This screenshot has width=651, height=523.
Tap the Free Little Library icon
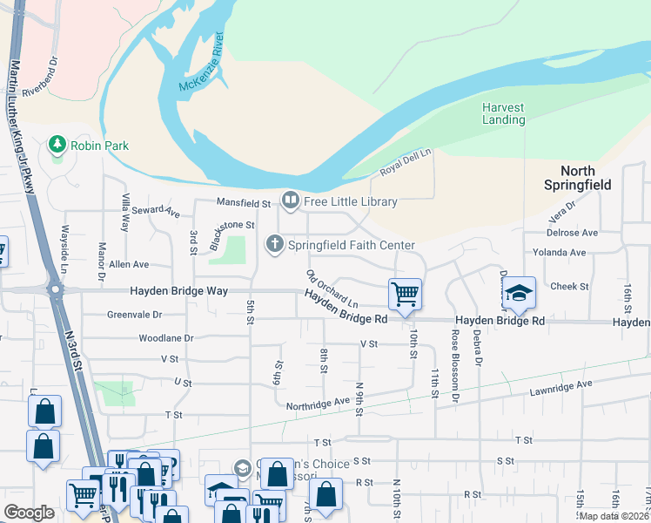pos(290,201)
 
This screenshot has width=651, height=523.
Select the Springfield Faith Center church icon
pos(275,244)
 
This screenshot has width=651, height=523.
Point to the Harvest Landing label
pos(503,113)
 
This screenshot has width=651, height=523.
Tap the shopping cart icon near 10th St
pos(405,294)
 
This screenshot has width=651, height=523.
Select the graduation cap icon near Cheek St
pos(519,294)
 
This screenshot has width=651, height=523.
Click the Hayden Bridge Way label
pos(178,291)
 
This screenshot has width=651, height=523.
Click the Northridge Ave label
pos(318,402)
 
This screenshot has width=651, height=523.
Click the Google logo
pos(30,512)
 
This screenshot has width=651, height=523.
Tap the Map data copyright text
pos(614,516)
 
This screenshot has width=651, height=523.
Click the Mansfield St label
pos(244,203)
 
